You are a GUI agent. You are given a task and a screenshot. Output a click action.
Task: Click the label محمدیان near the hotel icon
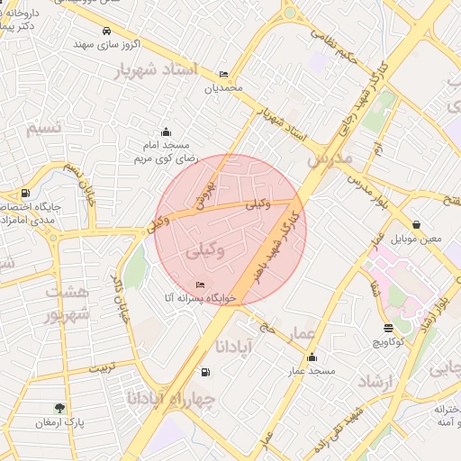point(223,88)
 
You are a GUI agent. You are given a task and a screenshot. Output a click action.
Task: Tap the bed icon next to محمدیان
point(223,75)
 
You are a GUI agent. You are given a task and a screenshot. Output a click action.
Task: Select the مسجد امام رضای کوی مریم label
point(164,151)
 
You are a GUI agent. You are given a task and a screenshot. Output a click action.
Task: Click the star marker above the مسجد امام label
point(165,131)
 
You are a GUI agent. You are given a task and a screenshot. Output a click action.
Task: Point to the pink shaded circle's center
point(230,230)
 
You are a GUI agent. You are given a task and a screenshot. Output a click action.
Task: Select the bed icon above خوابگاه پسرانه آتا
point(200,285)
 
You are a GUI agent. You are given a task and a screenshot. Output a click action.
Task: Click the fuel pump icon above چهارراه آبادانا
point(206,373)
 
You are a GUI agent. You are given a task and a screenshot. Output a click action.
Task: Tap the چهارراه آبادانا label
point(171,397)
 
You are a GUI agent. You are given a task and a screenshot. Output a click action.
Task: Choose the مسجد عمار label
point(312,370)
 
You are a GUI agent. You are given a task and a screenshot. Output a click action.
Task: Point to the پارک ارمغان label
point(59,422)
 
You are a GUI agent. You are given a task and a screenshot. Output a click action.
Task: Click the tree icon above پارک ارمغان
point(60,408)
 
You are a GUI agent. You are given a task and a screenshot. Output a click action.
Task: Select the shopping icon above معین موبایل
point(416,224)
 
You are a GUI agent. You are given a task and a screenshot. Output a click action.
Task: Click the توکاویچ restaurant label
point(389,342)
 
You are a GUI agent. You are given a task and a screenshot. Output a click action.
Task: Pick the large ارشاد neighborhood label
point(376,384)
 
